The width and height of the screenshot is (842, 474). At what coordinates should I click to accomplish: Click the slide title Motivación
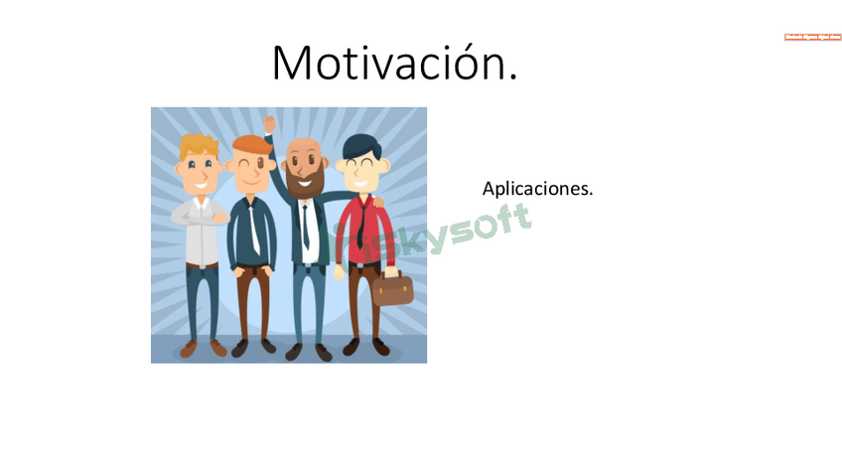pos(394,64)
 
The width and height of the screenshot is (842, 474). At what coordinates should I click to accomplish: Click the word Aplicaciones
pos(537,188)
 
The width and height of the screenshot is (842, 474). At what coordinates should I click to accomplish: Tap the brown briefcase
pos(393,288)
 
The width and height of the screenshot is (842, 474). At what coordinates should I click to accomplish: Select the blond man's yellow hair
pos(199,145)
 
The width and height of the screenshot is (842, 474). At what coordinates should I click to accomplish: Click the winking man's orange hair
pos(253,144)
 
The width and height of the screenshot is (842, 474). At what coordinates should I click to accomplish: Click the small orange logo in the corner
pos(812,37)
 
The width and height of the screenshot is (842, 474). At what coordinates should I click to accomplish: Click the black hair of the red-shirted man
pos(359,144)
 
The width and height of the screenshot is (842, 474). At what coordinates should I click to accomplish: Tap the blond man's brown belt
pos(202,265)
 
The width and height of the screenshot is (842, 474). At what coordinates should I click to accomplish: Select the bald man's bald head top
pos(303,144)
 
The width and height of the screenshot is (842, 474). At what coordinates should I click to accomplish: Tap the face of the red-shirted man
pos(358,172)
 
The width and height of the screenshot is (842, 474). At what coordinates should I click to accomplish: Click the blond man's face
pos(200,171)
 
